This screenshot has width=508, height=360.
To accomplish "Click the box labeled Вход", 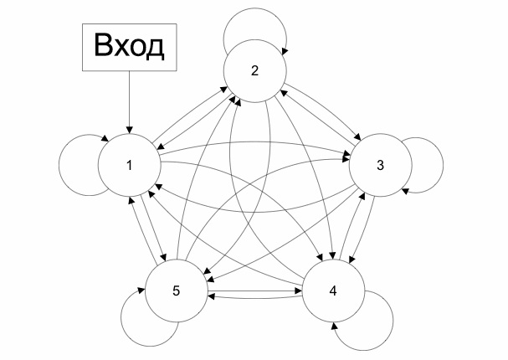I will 128,47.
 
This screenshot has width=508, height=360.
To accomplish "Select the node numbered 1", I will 129,164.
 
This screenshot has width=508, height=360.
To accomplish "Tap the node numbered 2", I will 254,71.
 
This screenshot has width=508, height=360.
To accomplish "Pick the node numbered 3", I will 380,164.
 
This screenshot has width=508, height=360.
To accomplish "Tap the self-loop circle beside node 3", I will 427,164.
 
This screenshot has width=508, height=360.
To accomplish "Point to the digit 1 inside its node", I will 129,164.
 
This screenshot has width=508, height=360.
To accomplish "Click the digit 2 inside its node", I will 254,70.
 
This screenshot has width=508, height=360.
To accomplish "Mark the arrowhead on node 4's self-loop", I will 336,322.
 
